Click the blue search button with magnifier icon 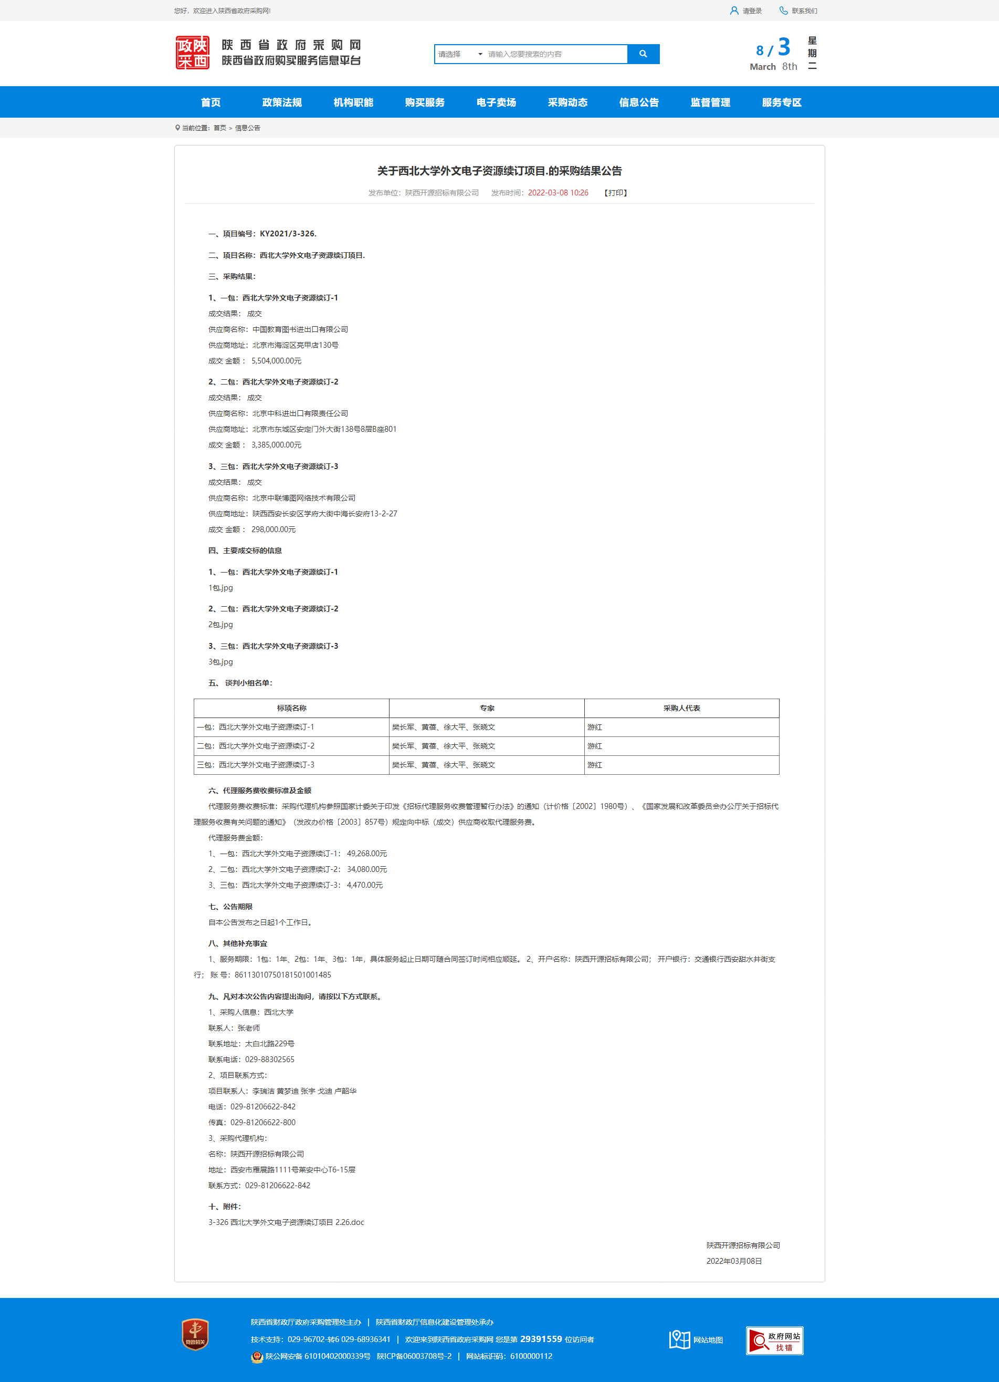coord(643,54)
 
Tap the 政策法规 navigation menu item coord(281,102)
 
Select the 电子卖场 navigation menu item coord(496,102)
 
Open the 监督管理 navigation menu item coord(710,102)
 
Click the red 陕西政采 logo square coord(193,53)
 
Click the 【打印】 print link coord(615,193)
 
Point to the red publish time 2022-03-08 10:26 coord(558,193)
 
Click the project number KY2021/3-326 coord(288,233)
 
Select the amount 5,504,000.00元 coord(276,361)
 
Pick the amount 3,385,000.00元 coord(276,445)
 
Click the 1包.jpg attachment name coord(220,588)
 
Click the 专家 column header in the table coord(487,708)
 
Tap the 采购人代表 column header coord(681,708)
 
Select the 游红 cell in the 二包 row coord(595,746)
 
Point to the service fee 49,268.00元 coord(367,854)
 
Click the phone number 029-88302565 coord(269,1059)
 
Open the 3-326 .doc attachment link coord(286,1222)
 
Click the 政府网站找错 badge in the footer coord(774,1341)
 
